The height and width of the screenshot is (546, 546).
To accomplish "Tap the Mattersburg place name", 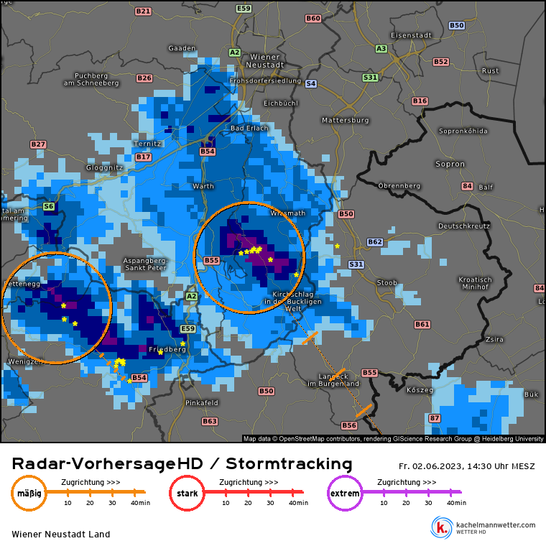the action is pos(345,119).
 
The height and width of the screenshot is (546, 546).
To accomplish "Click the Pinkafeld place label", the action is pos(201,403).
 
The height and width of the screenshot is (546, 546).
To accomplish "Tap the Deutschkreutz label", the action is pos(463,226).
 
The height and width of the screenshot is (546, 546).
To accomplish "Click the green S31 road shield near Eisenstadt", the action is pos(370,77).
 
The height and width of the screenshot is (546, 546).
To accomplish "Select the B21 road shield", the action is pos(143,11).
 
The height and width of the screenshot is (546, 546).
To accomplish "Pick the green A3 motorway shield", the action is pos(381,49).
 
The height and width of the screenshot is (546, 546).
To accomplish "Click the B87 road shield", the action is pos(435,418).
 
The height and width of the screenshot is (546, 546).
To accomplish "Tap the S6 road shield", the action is pos(49,206).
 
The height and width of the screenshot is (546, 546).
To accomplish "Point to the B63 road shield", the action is pos(210,421).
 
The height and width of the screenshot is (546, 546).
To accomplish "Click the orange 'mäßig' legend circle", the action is pos(29,494).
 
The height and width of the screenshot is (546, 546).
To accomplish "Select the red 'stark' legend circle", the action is pos(187,494).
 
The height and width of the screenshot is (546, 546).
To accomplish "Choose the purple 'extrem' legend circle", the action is pos(345,494).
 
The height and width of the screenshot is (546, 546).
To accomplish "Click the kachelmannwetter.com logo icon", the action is pos(440,527).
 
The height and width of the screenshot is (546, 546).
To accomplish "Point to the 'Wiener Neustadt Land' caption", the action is pos(61,535).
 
